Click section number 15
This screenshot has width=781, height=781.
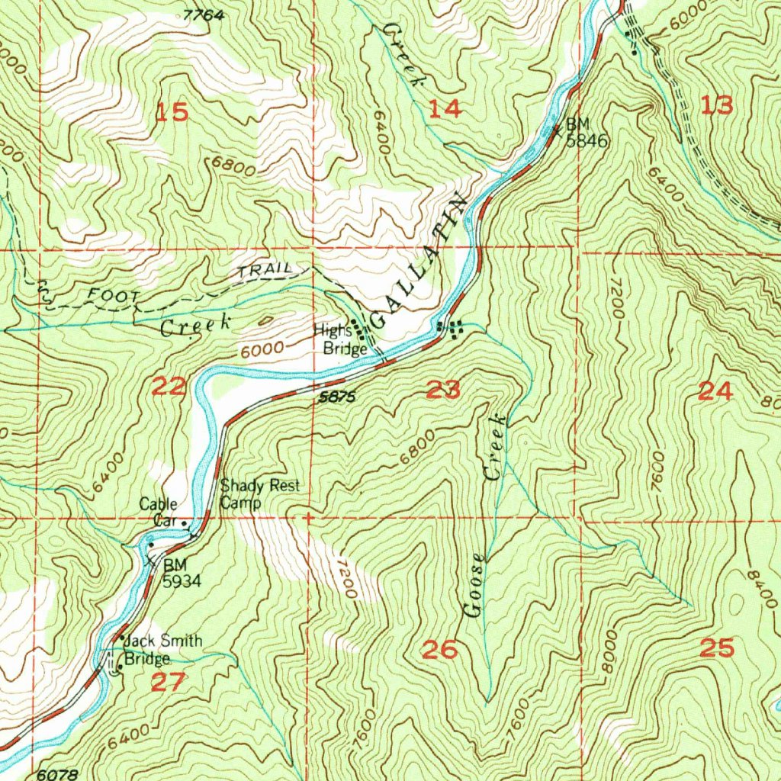(x=172, y=113)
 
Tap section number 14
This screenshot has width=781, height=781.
(x=444, y=109)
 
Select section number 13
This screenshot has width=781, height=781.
(x=716, y=106)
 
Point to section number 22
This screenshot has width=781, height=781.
(x=169, y=387)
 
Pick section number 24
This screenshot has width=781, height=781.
(x=715, y=392)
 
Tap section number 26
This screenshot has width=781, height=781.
(x=440, y=651)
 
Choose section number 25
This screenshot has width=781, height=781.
(x=716, y=649)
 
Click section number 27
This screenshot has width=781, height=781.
(x=167, y=681)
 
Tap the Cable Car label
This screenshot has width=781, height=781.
(x=159, y=512)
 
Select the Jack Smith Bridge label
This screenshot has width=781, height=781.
(x=153, y=651)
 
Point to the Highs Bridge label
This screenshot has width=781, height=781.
(x=334, y=339)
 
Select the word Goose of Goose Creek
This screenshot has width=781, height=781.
(x=474, y=586)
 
